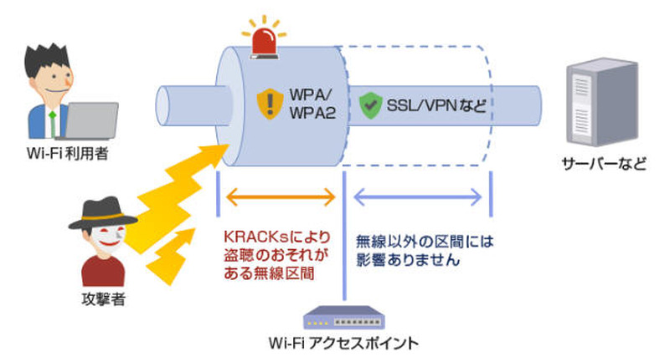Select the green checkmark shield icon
[x=368, y=105]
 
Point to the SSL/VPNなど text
[x=435, y=106]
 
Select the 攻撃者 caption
[x=104, y=299]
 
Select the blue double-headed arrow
[x=418, y=197]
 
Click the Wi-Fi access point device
[x=343, y=318]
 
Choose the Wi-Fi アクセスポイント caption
[x=343, y=344]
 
